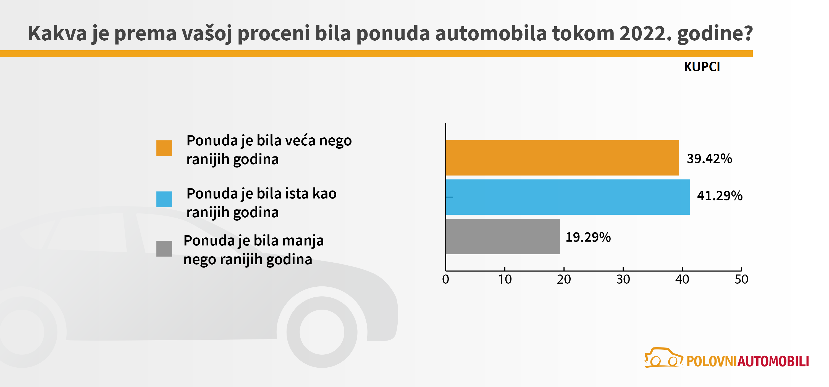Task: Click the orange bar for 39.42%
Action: click(562, 158)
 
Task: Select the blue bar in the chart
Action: click(568, 197)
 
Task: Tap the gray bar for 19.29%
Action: click(502, 236)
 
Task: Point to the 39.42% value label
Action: click(709, 159)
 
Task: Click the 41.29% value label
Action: click(720, 196)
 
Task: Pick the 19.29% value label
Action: click(588, 237)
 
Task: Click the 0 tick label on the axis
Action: click(445, 279)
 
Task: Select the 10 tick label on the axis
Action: click(505, 279)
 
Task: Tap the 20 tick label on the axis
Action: click(564, 279)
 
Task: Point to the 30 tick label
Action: click(623, 279)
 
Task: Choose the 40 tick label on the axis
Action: click(682, 279)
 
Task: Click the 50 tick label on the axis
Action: click(741, 279)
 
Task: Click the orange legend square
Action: click(164, 148)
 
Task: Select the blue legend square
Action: click(164, 199)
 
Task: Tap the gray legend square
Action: click(164, 249)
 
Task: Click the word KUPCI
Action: click(702, 67)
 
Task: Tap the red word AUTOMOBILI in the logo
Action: click(773, 362)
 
